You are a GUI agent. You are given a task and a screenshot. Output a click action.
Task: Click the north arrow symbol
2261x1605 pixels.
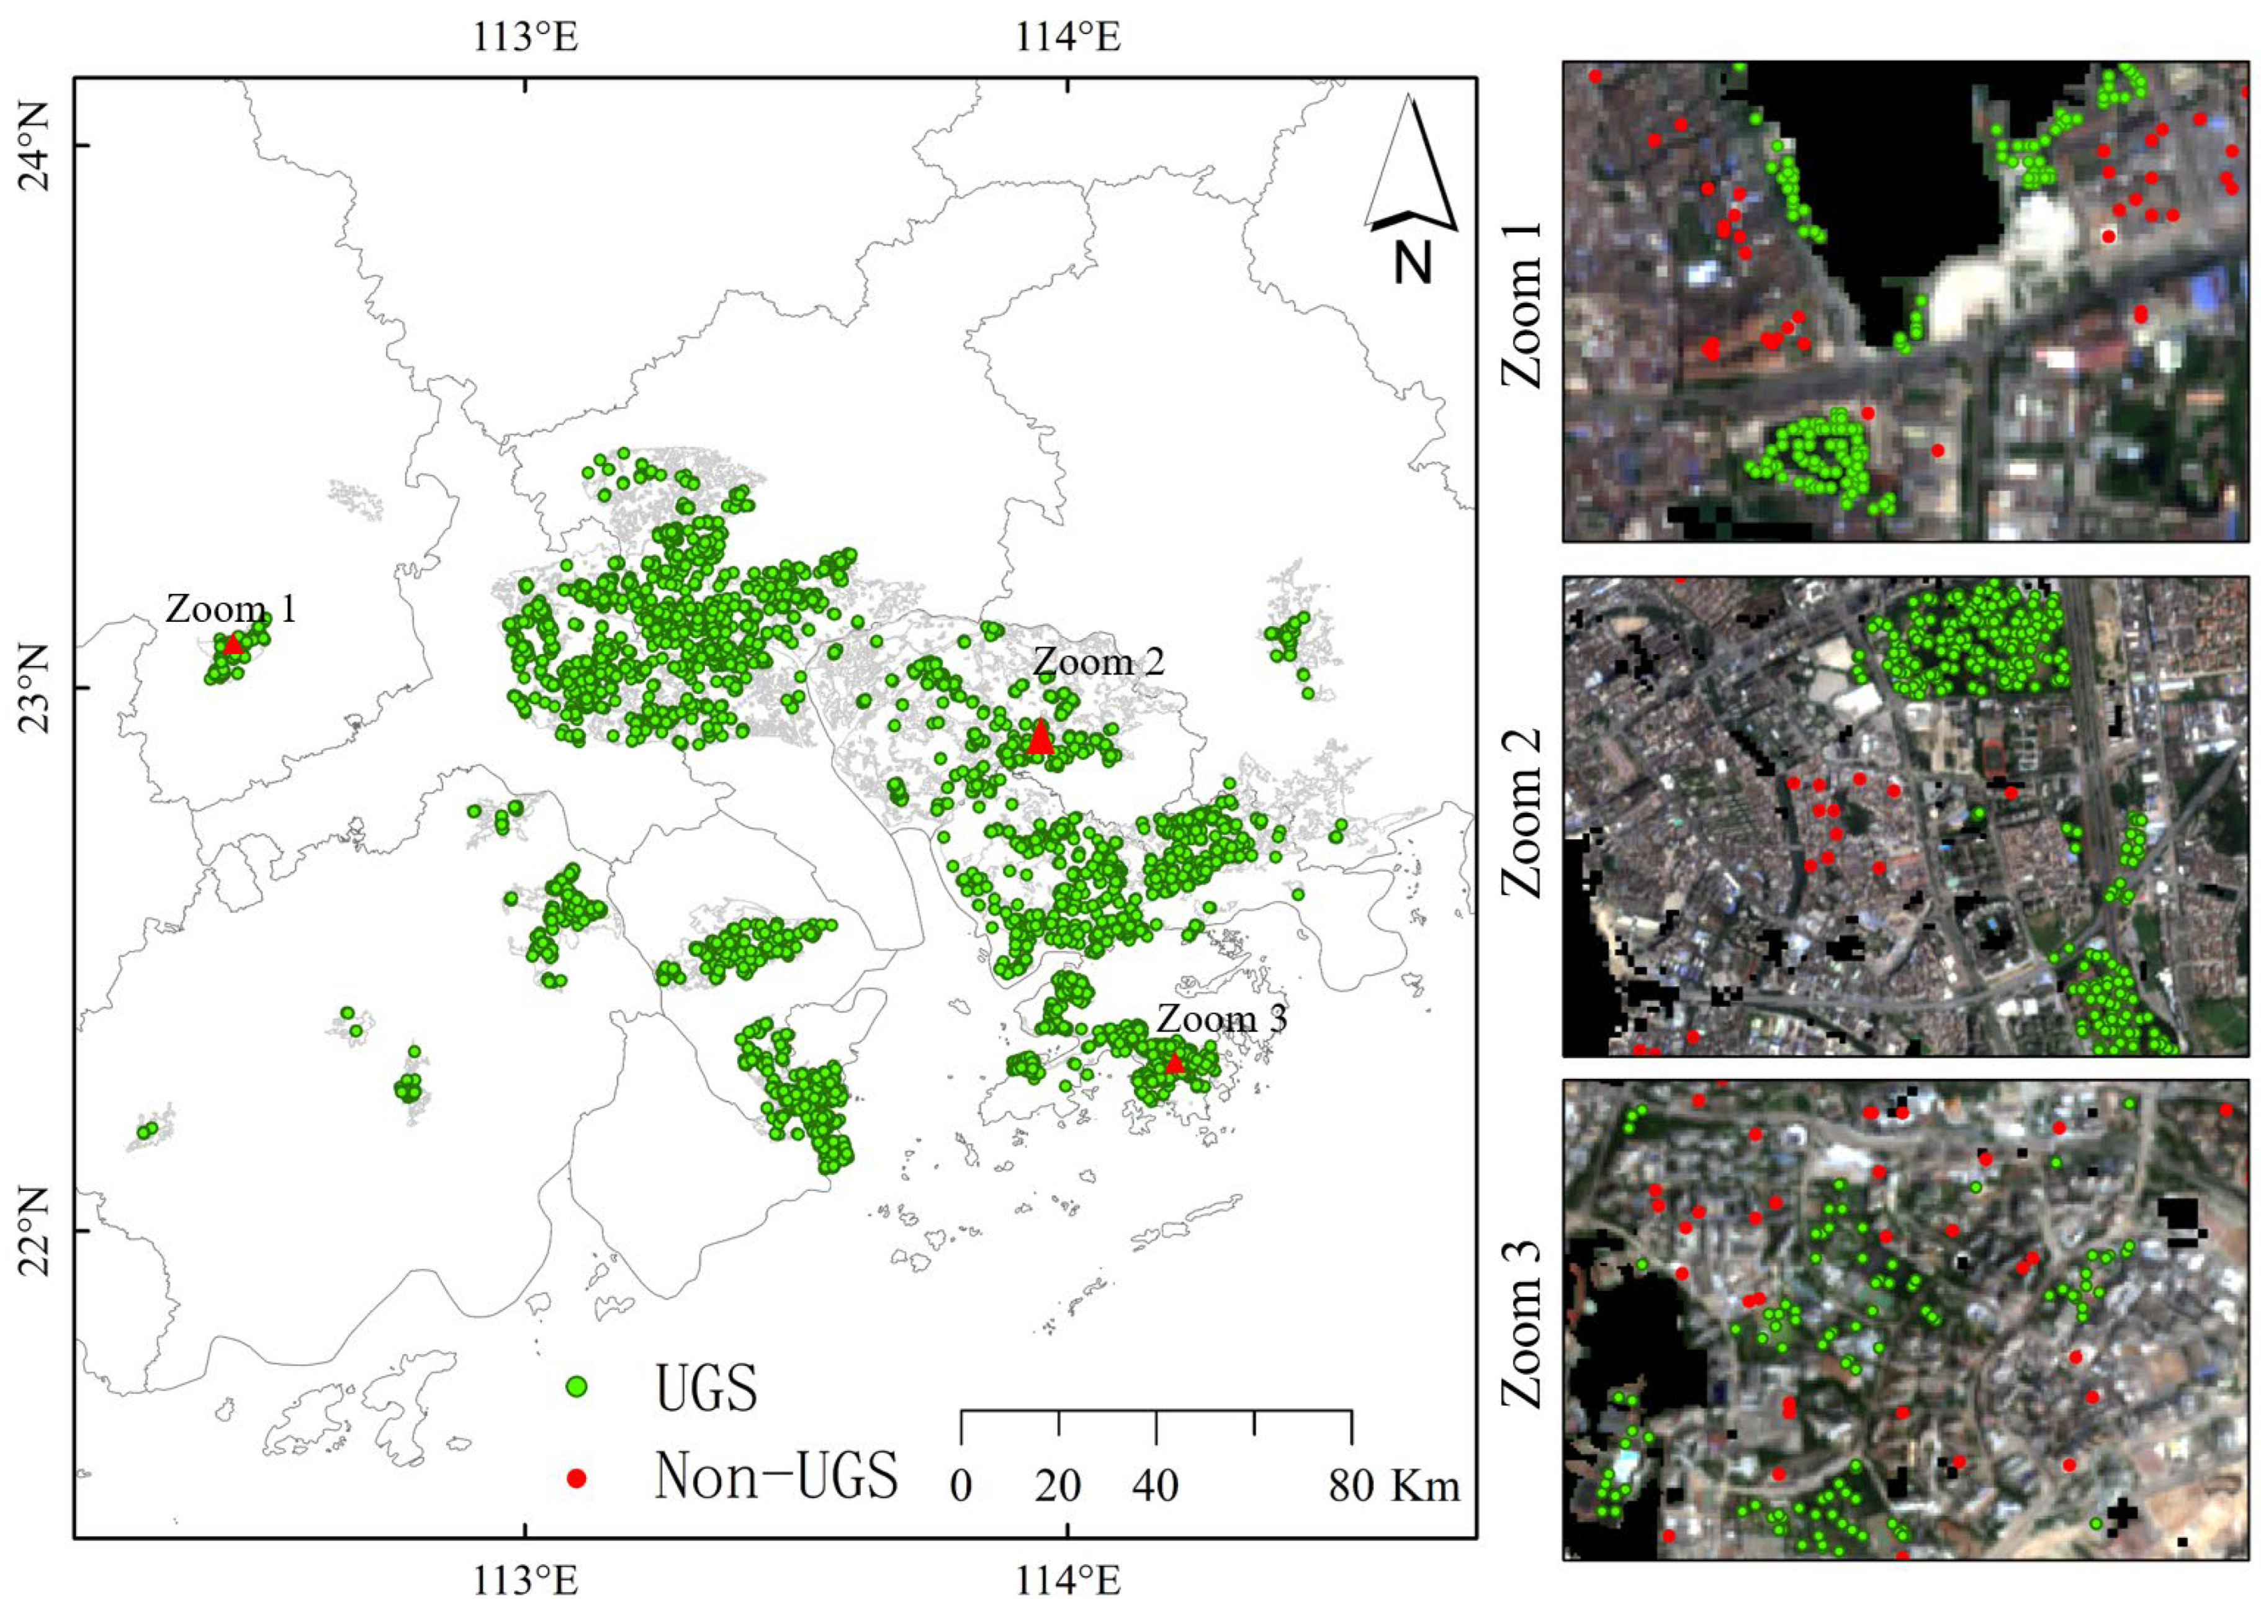pyautogui.click(x=1411, y=163)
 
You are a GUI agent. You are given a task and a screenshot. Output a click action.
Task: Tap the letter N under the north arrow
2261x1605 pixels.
pyautogui.click(x=1413, y=263)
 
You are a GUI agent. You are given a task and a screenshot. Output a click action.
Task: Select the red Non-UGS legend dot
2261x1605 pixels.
pyautogui.click(x=577, y=1478)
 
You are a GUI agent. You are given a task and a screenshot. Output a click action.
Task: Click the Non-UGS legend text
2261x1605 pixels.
pyautogui.click(x=776, y=1478)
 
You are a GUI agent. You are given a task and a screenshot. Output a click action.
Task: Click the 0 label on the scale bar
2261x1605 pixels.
pyautogui.click(x=961, y=1486)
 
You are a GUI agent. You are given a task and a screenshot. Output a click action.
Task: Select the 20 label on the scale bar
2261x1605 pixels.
pyautogui.click(x=1058, y=1486)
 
